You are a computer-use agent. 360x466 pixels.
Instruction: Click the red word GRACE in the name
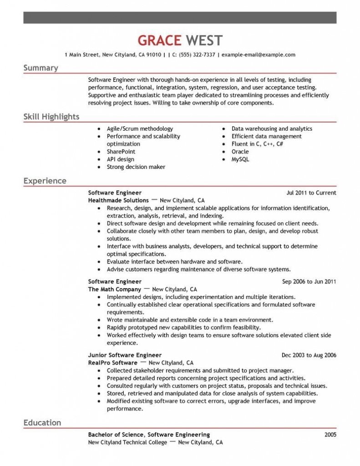coord(159,41)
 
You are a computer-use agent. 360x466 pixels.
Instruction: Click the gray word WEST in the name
coord(204,41)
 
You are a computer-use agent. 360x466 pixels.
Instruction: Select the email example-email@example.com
coord(258,55)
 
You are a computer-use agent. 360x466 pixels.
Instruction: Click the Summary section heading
coord(41,68)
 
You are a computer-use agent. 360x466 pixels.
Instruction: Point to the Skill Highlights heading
coord(51,117)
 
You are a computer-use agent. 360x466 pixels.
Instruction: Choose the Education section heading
coord(42,423)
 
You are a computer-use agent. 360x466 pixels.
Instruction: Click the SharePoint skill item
coord(121,152)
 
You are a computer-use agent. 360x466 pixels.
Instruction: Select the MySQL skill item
coord(240,159)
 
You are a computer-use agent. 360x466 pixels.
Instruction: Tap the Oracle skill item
coord(240,152)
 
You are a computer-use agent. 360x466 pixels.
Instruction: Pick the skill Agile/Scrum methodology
coord(140,129)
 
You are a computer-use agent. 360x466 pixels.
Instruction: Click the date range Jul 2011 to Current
coord(311,193)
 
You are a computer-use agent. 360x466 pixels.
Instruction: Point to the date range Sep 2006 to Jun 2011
coord(309,282)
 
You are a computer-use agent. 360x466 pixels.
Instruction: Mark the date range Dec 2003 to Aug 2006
coord(309,355)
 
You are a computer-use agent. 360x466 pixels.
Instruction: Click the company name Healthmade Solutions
coord(118,200)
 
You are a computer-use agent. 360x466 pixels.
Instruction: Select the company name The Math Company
coord(114,289)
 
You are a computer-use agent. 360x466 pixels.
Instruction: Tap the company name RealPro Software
coord(112,363)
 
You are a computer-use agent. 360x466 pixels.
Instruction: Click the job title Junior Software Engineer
coord(125,355)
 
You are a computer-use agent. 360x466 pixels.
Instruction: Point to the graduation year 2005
coord(330,435)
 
